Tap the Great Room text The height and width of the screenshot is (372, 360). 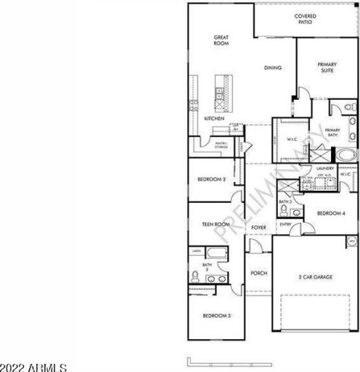click(x=221, y=40)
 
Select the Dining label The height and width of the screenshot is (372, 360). click(x=273, y=69)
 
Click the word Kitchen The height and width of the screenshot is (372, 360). click(x=215, y=119)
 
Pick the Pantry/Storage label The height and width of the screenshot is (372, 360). click(x=221, y=145)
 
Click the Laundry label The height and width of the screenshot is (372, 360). click(x=325, y=169)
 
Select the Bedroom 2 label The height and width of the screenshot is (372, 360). click(x=212, y=180)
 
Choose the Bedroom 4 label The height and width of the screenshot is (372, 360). click(x=331, y=214)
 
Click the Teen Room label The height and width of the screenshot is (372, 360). click(x=215, y=224)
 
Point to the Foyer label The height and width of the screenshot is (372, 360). click(x=259, y=227)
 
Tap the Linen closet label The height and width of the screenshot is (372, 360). click(x=197, y=251)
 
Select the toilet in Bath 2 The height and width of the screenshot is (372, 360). click(x=195, y=277)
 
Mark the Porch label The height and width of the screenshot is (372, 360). click(x=259, y=274)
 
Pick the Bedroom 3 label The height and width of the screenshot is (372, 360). click(x=216, y=316)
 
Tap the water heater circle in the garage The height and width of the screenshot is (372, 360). click(x=351, y=242)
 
